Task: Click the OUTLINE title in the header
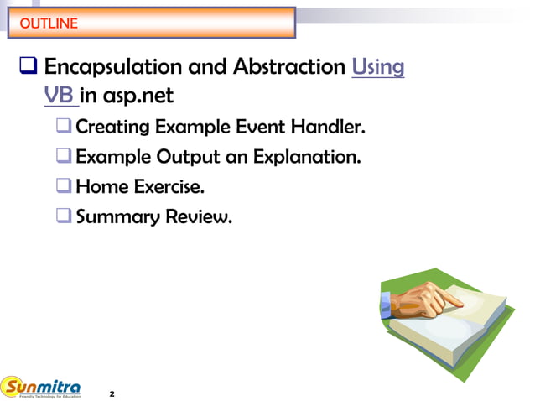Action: pos(49,23)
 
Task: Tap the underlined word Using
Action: pos(379,66)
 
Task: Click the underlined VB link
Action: pos(60,96)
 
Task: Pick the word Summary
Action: pos(116,216)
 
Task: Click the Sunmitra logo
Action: pos(42,388)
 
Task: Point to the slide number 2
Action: pos(112,393)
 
